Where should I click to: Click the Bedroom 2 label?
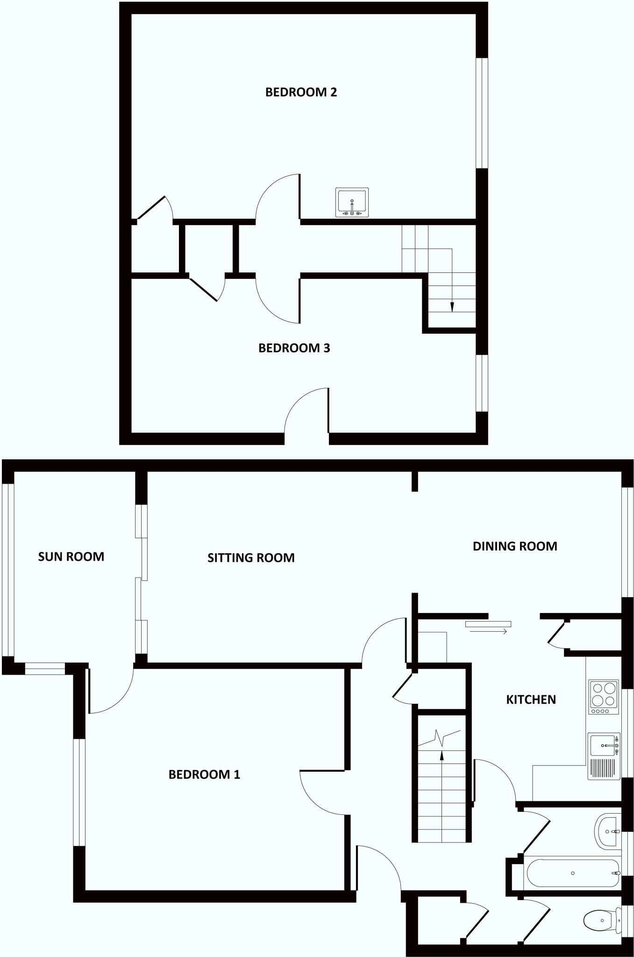[301, 92]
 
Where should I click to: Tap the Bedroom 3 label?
[294, 348]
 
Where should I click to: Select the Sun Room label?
[71, 557]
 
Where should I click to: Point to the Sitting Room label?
[251, 557]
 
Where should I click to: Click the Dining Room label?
[515, 546]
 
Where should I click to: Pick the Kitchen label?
[531, 700]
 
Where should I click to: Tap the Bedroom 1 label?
[204, 775]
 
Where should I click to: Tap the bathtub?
[573, 873]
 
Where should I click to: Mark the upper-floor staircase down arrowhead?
[452, 307]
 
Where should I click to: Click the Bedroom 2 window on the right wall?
[482, 113]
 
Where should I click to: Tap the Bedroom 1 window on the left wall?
[79, 793]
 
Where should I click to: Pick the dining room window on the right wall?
[627, 542]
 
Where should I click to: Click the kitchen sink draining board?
[603, 768]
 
